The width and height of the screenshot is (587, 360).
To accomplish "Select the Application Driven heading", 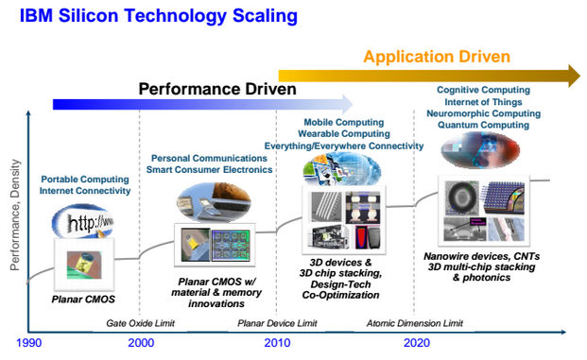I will [x=437, y=57].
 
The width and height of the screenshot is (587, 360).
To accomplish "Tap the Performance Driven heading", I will [x=217, y=89].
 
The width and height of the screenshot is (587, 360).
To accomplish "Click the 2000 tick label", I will [x=140, y=344].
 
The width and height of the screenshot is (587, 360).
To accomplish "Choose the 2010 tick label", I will [x=276, y=344].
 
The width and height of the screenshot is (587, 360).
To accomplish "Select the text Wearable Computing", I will [x=344, y=134].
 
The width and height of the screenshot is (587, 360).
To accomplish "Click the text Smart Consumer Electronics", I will [x=209, y=169].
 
